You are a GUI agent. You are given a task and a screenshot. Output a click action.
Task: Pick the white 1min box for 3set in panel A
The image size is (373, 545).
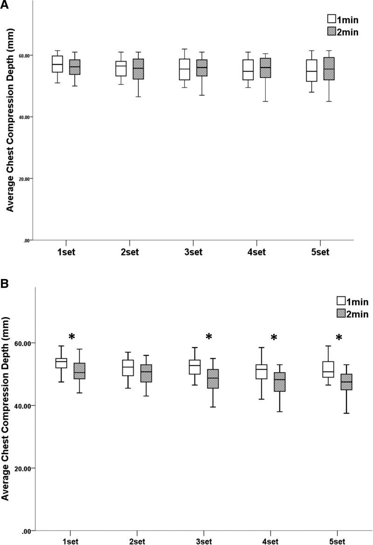(x=185, y=69)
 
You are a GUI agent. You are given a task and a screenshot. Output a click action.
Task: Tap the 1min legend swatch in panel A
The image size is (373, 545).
(x=332, y=19)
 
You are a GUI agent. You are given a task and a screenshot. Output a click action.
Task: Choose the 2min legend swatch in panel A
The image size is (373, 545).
(x=332, y=31)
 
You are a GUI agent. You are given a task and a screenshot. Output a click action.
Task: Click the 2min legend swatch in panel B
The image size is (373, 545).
(x=341, y=314)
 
